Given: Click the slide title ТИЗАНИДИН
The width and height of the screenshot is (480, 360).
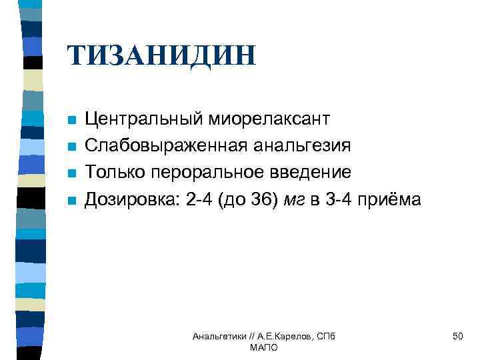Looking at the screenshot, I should click(x=161, y=55).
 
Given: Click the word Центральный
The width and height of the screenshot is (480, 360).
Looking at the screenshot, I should click(x=147, y=119).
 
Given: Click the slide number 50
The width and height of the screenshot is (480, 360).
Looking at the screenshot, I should click(x=457, y=337).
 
